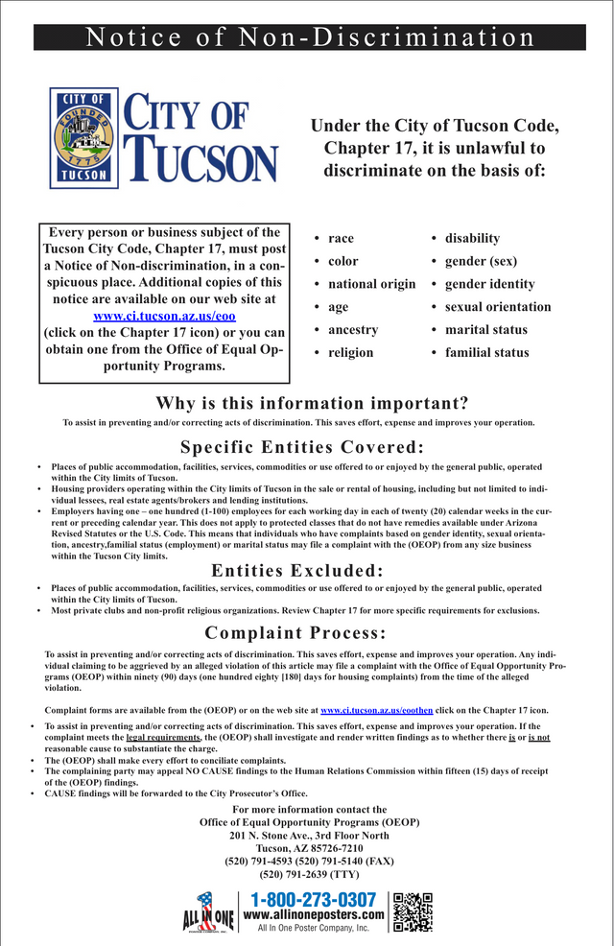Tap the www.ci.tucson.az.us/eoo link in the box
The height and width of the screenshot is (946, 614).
tap(164, 316)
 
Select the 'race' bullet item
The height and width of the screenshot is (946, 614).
tap(341, 238)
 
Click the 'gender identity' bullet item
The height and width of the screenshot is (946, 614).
tap(489, 284)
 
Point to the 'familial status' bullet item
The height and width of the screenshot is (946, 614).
tap(486, 352)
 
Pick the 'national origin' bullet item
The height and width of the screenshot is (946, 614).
tap(371, 284)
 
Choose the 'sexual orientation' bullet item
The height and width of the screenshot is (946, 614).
tap(497, 307)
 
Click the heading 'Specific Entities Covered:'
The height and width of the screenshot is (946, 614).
tap(302, 447)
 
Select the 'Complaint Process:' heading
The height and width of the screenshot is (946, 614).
tap(295, 632)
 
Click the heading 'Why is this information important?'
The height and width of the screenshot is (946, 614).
tap(312, 403)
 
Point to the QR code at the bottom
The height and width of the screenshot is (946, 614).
tap(413, 911)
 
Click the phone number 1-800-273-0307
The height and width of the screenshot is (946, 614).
tap(314, 899)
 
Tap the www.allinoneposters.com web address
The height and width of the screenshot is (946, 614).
tap(314, 915)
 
